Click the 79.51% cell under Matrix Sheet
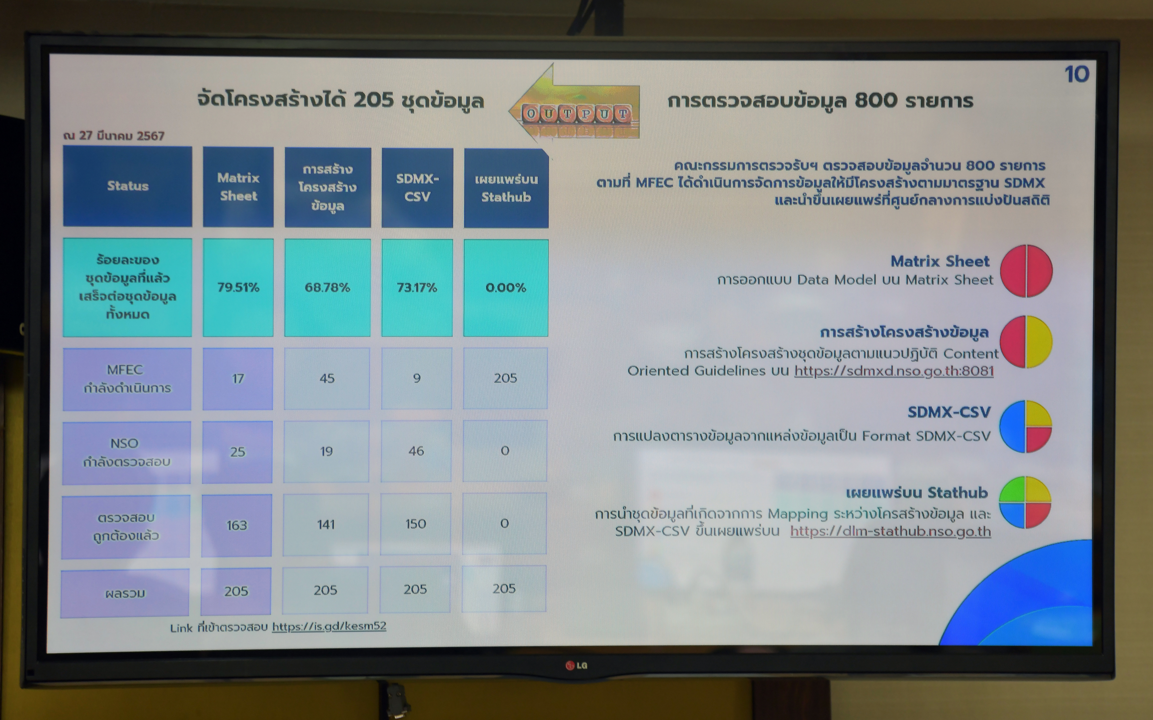pos(238,288)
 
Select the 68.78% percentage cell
pos(327,288)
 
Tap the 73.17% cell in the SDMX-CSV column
pos(417,288)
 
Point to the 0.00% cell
pos(506,288)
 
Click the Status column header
pos(128,186)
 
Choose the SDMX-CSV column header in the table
pos(417,188)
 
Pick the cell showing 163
pos(237,525)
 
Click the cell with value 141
pos(326,524)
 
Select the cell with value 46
pos(416,451)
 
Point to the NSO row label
pos(126,452)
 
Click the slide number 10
pos(1077,74)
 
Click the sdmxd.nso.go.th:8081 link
pos(894,371)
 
